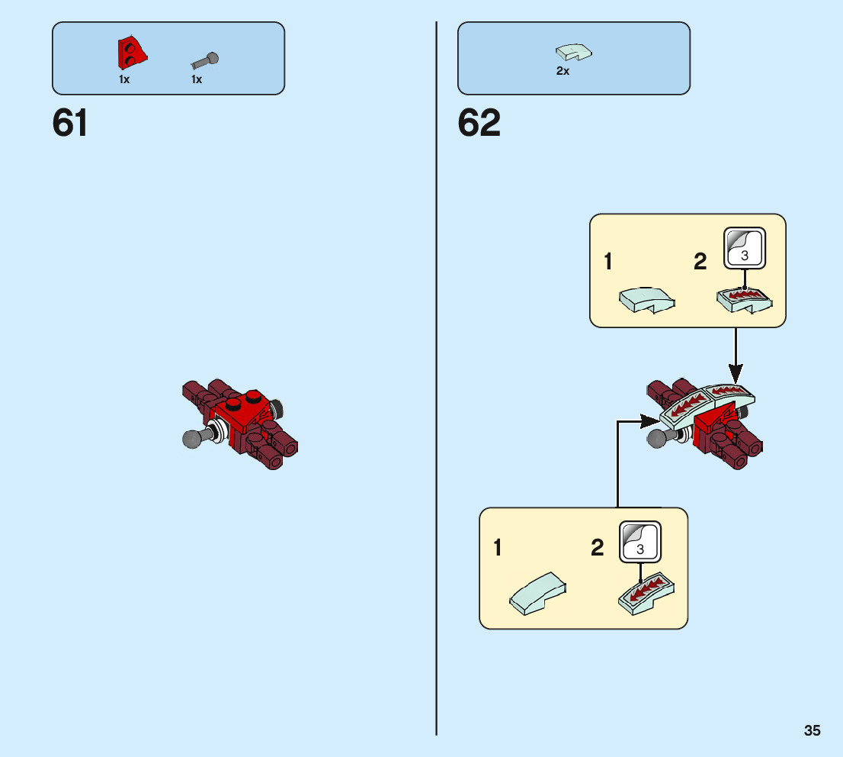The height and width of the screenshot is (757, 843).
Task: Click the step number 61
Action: [x=70, y=123]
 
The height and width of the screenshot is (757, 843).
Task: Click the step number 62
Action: [x=479, y=123]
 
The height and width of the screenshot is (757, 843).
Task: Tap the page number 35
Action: [x=812, y=730]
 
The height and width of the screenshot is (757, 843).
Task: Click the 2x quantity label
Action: [x=563, y=71]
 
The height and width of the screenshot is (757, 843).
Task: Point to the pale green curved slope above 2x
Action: [x=575, y=52]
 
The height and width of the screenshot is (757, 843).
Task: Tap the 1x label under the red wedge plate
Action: [x=124, y=79]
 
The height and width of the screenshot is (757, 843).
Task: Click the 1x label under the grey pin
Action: [x=197, y=79]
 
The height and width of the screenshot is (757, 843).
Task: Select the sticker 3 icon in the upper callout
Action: [x=744, y=248]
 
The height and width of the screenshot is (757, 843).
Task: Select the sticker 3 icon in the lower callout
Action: [x=640, y=542]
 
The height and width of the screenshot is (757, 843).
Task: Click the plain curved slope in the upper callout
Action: [x=646, y=299]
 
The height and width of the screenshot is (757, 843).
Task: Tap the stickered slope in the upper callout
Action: [x=745, y=301]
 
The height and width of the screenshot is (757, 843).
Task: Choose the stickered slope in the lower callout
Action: [x=647, y=593]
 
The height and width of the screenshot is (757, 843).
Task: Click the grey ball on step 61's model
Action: [x=192, y=439]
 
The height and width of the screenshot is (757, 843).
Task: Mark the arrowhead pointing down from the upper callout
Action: [x=735, y=374]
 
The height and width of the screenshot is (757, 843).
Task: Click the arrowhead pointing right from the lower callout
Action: [x=650, y=419]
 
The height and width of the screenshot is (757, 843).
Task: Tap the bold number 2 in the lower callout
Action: [x=598, y=548]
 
